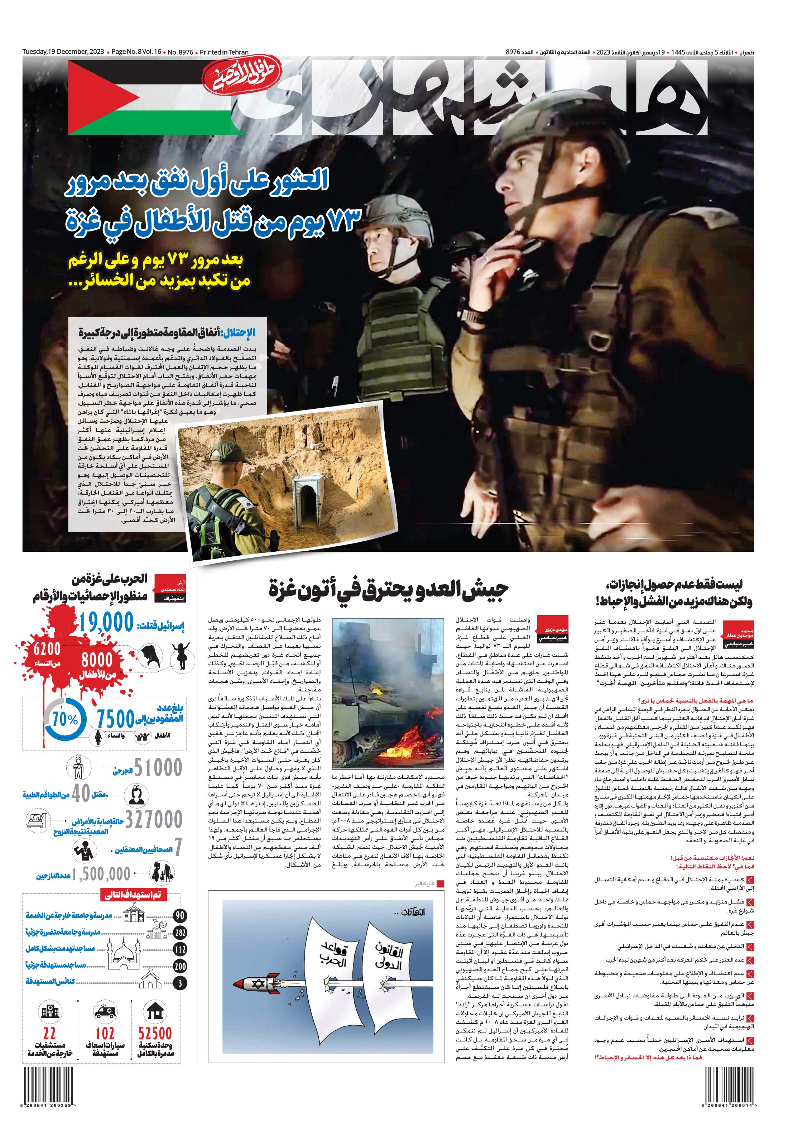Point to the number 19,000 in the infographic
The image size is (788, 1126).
tap(106, 623)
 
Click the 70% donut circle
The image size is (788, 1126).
tap(65, 719)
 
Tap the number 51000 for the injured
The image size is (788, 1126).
tap(158, 767)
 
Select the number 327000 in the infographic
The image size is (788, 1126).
tap(154, 819)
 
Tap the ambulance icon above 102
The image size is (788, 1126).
tap(105, 1012)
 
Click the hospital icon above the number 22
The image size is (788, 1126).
tap(49, 1012)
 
